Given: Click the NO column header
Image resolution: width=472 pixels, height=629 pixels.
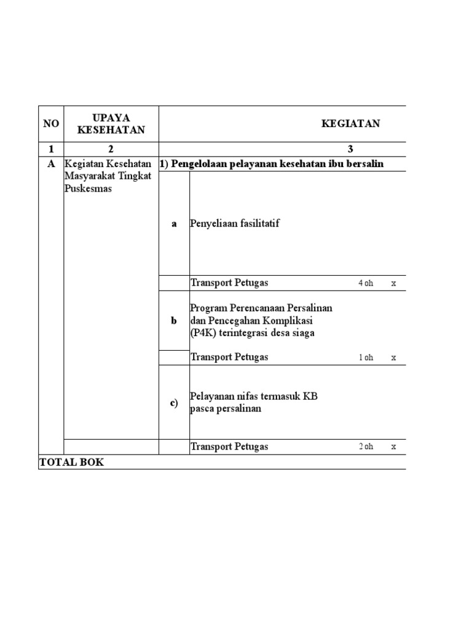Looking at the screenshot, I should pos(51,123).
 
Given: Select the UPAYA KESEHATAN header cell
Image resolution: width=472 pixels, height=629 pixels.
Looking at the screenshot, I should pos(111,123).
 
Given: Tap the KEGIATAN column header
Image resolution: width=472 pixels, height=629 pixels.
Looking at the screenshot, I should pos(350,123).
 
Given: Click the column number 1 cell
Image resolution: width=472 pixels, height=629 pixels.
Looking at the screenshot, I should pos(51,149).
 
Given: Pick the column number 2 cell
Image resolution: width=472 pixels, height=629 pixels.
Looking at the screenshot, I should pos(111,149).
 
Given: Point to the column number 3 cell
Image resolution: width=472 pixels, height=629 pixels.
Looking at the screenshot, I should pos(350,149).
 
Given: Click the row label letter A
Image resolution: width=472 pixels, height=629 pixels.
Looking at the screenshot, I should pos(51,165).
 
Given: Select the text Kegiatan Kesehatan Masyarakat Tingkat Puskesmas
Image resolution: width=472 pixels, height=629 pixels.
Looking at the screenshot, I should pos(108,176).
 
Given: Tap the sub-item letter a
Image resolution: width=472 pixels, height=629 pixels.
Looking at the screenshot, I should pos(174,224).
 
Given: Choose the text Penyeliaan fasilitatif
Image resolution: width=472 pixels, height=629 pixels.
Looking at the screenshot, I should pos(235,224).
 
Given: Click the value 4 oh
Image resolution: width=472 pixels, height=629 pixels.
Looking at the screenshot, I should pos(366,283).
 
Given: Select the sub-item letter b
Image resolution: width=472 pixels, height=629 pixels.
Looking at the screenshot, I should pos(174,321).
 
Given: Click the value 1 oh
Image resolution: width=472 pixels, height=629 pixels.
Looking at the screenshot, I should pos(366,357).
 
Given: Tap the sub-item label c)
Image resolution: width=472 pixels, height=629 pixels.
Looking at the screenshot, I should pos(174,403).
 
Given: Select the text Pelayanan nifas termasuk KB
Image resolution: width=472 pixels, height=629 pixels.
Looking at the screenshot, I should pos(254,397).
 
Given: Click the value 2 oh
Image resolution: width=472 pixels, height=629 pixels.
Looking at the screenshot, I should pos(366,447).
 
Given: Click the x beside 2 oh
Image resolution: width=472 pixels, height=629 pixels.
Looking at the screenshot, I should pos(394,447).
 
